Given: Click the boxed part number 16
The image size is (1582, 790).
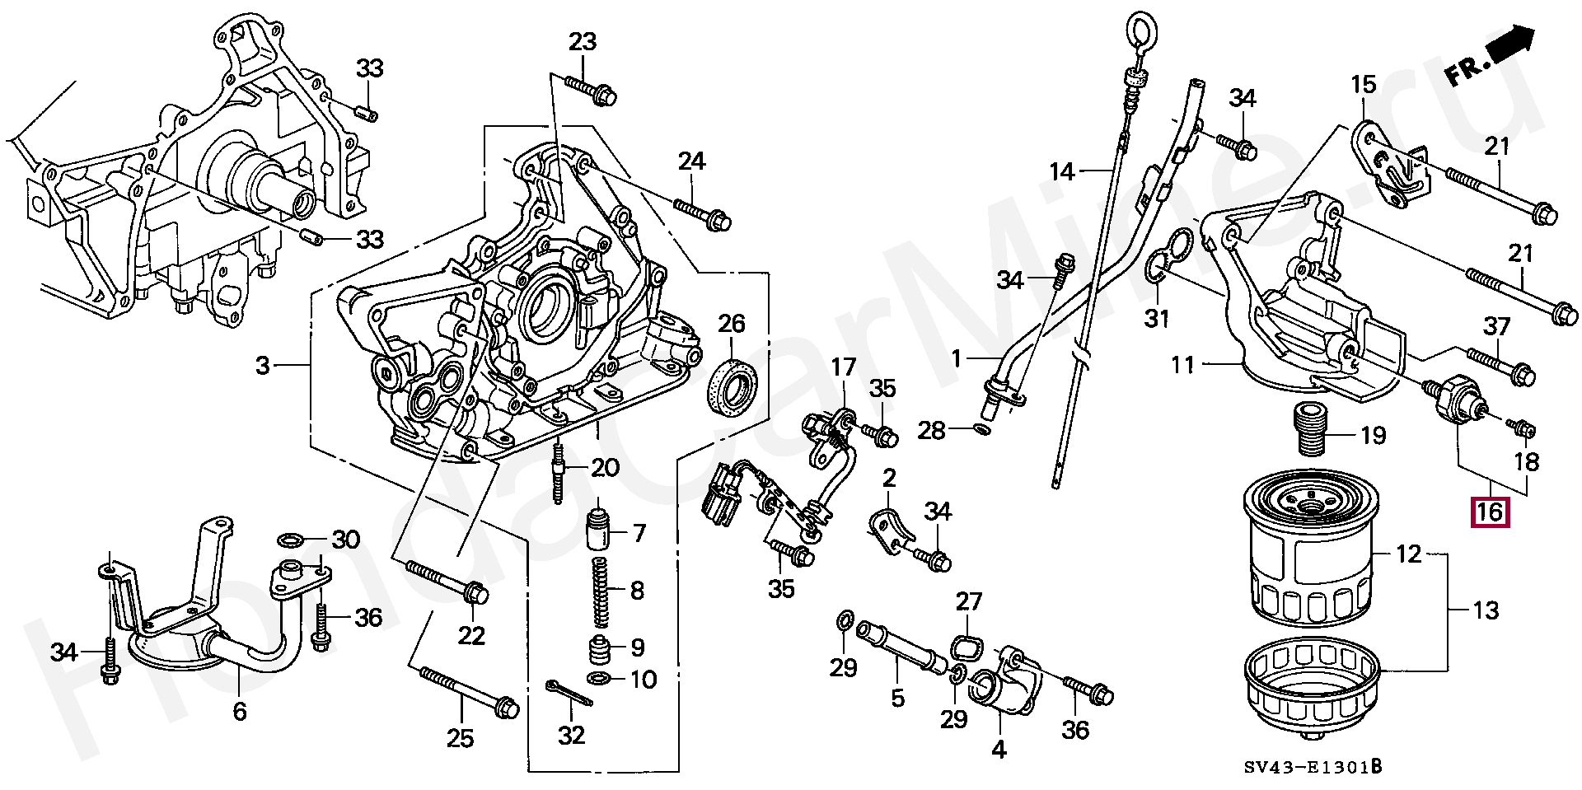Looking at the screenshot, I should click(x=1490, y=512).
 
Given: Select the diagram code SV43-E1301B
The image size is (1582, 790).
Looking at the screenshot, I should click(x=1313, y=768).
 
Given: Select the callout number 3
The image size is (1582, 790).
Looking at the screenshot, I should click(x=263, y=364).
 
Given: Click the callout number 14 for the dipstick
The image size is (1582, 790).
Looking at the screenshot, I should click(x=1062, y=171).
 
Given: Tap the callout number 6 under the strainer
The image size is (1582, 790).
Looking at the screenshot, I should click(x=240, y=710).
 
